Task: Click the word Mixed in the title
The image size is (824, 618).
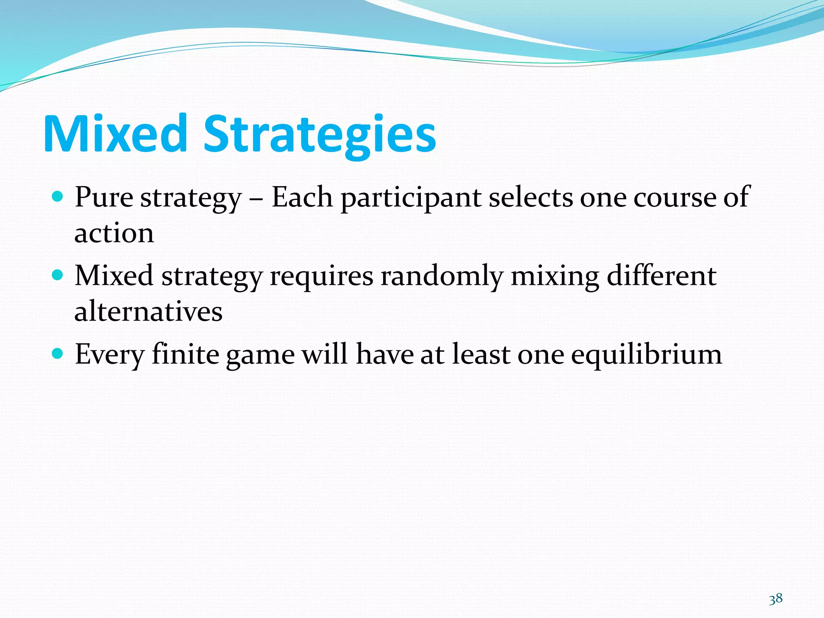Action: coord(115,134)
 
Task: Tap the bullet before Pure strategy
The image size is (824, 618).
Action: coord(58,197)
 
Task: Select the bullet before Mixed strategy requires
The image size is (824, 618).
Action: coord(58,275)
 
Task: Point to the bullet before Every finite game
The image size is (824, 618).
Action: coord(58,354)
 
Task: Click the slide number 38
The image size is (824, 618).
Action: coord(776,599)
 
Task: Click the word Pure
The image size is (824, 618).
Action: coord(104,198)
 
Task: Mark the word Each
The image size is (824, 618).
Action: coord(303,198)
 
